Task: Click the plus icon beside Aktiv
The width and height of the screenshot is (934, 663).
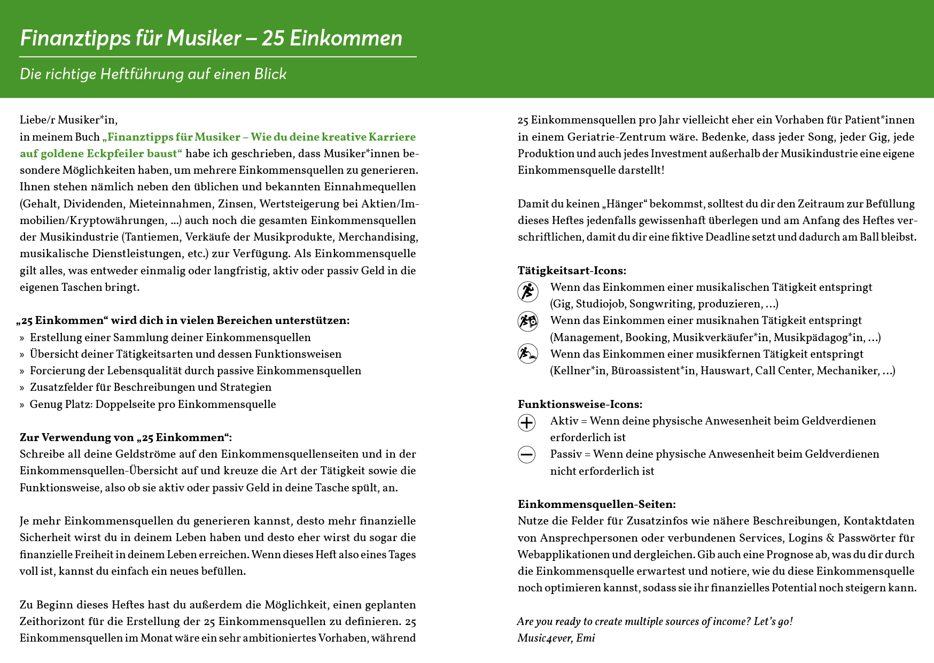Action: tap(527, 422)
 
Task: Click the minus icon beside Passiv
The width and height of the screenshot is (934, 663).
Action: tap(527, 454)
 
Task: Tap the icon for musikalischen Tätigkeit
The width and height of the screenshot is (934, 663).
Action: tap(528, 291)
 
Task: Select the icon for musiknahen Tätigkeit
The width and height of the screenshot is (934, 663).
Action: tap(528, 321)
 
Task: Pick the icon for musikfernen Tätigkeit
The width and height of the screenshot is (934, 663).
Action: tap(528, 353)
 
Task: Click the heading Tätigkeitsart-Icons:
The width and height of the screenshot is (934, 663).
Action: tap(572, 271)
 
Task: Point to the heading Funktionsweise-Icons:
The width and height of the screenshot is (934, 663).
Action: tap(580, 404)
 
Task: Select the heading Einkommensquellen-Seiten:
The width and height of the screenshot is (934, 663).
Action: tap(596, 504)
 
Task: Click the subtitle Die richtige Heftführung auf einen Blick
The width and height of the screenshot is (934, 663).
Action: tap(153, 74)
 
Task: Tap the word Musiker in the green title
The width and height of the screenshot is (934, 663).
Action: tap(204, 38)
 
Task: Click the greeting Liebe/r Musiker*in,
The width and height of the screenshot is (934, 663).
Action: tap(68, 120)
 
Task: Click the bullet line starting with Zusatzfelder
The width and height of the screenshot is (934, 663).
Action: tap(150, 387)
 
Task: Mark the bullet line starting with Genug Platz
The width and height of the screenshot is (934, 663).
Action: tap(152, 404)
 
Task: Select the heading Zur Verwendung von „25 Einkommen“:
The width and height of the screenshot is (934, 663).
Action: tap(126, 437)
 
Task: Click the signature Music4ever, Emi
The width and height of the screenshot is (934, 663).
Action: tap(556, 638)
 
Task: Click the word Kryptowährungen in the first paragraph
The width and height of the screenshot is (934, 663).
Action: tap(112, 220)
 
